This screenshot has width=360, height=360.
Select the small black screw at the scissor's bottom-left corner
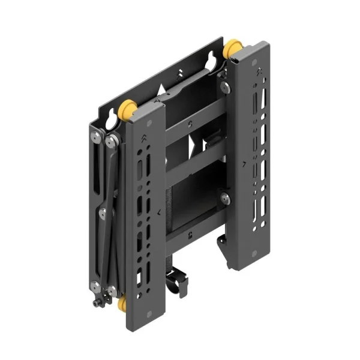tap(96, 305)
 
